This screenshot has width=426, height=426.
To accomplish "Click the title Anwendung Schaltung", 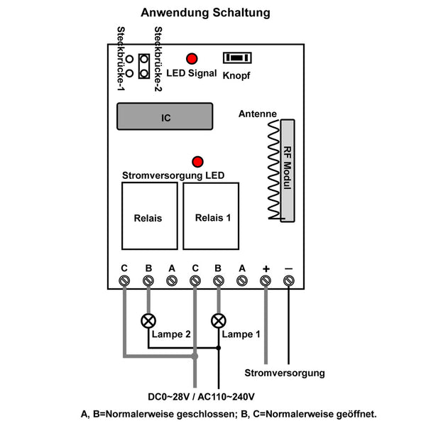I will (205, 13).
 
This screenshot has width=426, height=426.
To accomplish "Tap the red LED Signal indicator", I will (192, 59).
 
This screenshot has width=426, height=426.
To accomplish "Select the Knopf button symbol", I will (238, 58).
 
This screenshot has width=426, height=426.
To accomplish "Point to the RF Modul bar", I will (288, 170).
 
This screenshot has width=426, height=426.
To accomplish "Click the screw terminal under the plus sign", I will (266, 281).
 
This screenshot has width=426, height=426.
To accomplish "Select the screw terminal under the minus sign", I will (289, 281).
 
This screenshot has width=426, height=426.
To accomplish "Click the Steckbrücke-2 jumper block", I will (144, 67).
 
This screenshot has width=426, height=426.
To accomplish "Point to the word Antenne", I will (258, 114).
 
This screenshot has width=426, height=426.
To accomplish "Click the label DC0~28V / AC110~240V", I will (202, 396).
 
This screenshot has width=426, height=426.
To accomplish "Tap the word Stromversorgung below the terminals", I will (284, 373).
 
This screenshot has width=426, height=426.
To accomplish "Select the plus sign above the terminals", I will (266, 268).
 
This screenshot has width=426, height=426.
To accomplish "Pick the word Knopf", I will (236, 75).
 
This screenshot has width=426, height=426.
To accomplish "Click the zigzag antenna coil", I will (273, 170).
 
